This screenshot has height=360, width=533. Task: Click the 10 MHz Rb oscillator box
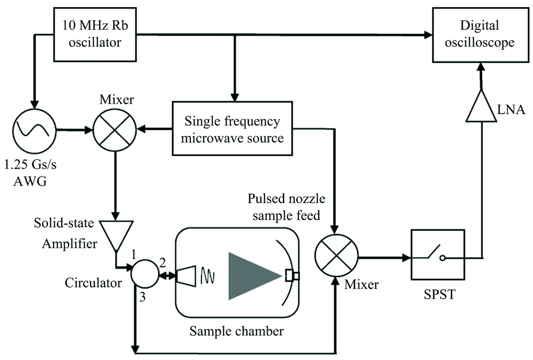click(x=96, y=34)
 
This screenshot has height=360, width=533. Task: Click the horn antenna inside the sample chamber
click(x=186, y=275)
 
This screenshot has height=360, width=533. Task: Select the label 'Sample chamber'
click(x=237, y=331)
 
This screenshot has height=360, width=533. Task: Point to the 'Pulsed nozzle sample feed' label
click(x=286, y=207)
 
